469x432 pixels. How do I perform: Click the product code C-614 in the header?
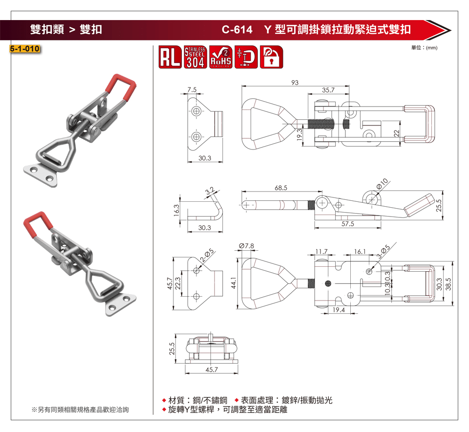coord(237,30)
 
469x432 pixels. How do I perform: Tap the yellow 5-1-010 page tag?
coord(25,48)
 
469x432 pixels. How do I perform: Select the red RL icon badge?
coord(170,57)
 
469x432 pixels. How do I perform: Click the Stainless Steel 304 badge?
coord(195,57)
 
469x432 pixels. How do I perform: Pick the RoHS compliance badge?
coord(221,57)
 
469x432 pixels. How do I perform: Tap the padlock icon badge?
coord(271,57)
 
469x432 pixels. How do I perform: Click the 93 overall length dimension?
coord(295,83)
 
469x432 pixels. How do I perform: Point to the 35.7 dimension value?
coord(328,90)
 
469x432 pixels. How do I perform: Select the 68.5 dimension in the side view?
coord(281,188)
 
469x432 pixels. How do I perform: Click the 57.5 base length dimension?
coord(347,224)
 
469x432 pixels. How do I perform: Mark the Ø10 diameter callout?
coord(382,184)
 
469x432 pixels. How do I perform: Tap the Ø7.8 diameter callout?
coord(246,246)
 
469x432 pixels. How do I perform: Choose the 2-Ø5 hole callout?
coord(207,255)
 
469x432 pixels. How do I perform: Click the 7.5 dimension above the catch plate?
coord(192,89)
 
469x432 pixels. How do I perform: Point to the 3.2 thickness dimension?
coord(210,191)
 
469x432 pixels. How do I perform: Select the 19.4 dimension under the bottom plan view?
coord(339,310)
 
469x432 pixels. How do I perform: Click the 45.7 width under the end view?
coord(212,370)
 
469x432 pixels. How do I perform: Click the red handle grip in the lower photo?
coord(38,226)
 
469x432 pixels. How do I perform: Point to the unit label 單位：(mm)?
coord(424,47)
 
